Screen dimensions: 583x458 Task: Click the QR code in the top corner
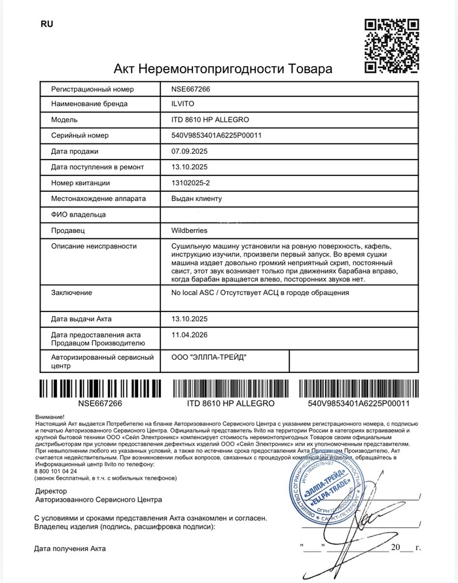(x=391, y=46)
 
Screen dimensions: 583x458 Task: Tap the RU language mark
(x=46, y=24)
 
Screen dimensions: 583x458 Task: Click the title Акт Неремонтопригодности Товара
(x=223, y=69)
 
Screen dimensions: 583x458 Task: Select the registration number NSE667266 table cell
(x=190, y=89)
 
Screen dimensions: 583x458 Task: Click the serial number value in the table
(x=216, y=135)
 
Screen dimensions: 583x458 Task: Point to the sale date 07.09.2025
(x=189, y=151)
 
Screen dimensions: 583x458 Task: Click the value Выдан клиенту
(x=197, y=198)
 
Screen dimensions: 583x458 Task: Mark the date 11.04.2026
(x=189, y=334)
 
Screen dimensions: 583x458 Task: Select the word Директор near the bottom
(x=52, y=490)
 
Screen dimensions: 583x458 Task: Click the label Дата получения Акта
(x=70, y=548)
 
